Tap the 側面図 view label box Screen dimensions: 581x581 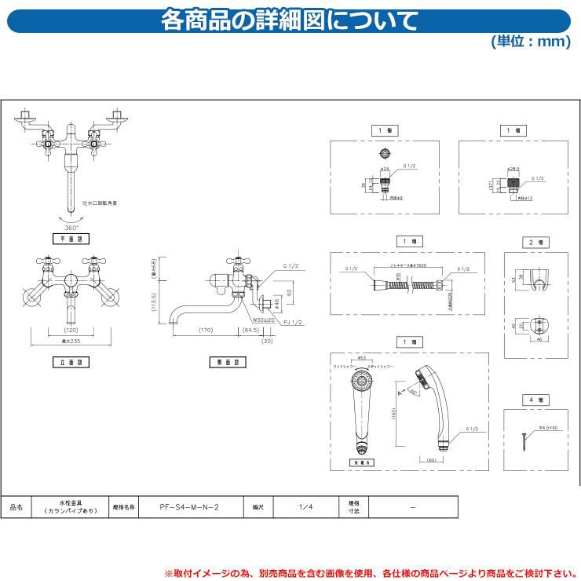(x=226, y=362)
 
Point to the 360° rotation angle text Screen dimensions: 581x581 (x=71, y=227)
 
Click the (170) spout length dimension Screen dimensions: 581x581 (x=206, y=330)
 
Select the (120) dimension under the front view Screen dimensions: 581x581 (x=71, y=330)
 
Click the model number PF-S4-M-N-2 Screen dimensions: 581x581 (x=184, y=508)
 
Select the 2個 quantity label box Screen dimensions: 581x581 (x=535, y=243)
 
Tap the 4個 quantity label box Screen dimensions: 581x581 (x=535, y=400)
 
